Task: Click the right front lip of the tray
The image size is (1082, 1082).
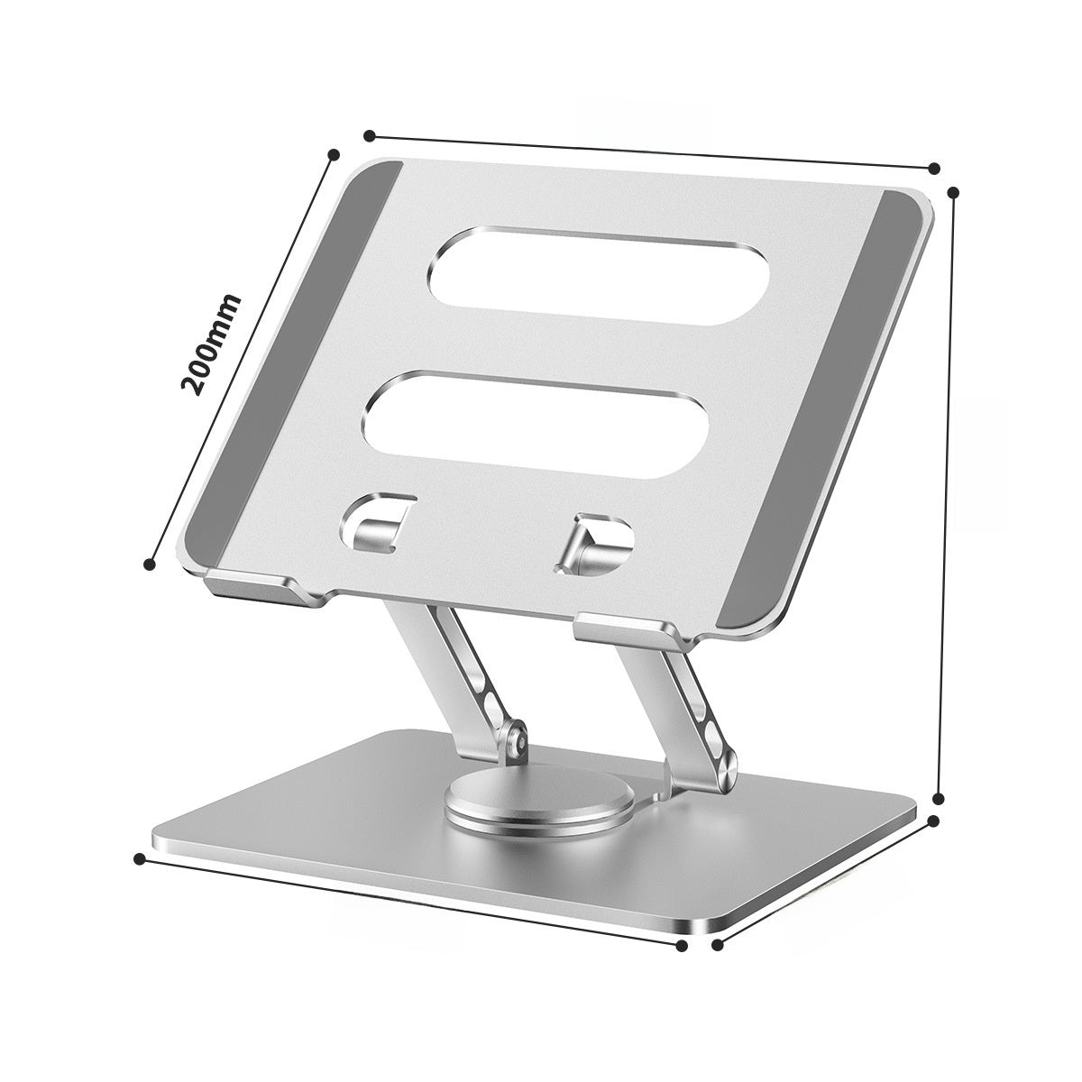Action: click(x=631, y=627)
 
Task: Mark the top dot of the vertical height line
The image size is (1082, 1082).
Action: click(x=955, y=192)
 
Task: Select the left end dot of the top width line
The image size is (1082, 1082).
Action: click(x=369, y=136)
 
